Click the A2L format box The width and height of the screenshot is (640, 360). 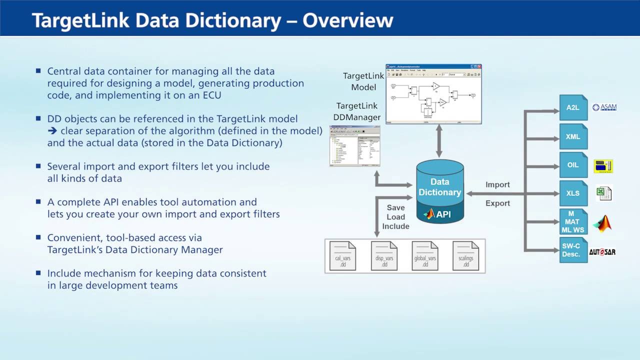point(573,107)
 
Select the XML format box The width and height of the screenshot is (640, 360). point(573,136)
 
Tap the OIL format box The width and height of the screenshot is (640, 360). point(573,165)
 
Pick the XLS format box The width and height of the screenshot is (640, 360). point(573,193)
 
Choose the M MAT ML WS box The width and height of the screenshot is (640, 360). point(573,221)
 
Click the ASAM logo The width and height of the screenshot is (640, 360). point(604,107)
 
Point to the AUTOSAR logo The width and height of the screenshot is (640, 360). point(602,252)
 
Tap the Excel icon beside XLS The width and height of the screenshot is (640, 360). point(604,193)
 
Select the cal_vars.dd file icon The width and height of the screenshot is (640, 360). point(342,256)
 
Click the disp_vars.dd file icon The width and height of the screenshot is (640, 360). point(384,256)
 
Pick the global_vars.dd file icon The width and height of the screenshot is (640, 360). point(425,256)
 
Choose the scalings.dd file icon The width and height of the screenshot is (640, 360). point(465,256)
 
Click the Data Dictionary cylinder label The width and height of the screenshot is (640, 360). point(439,187)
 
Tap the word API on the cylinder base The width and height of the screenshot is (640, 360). point(443,214)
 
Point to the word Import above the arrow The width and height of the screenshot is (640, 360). point(497,184)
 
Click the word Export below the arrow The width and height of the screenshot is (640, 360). point(497,203)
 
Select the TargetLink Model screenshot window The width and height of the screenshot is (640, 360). point(433,94)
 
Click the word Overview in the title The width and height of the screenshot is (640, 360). point(348,20)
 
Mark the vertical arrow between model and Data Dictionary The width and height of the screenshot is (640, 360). point(439,141)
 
